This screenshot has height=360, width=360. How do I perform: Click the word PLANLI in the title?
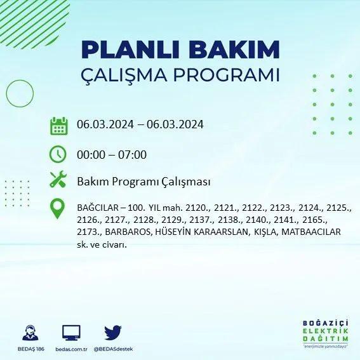[130, 50]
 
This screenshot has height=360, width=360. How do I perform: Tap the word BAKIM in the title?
[234, 50]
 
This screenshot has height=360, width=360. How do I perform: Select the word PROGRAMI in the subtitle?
[226, 75]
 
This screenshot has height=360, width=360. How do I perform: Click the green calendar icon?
[59, 126]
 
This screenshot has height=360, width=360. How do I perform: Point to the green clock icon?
[58, 154]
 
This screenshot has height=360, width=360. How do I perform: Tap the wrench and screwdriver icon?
[58, 179]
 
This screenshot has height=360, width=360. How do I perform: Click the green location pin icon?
[57, 208]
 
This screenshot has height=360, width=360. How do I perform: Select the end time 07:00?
[132, 154]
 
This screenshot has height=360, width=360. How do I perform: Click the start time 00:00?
[91, 154]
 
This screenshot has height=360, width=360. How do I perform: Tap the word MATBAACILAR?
[311, 232]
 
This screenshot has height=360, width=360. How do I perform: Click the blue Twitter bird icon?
[113, 333]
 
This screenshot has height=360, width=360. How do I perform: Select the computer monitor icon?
[71, 333]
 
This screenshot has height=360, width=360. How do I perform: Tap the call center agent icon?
[30, 333]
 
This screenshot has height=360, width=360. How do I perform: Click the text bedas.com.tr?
[71, 349]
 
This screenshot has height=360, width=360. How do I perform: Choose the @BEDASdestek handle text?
[113, 349]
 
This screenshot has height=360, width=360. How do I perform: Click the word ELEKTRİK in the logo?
[325, 331]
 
